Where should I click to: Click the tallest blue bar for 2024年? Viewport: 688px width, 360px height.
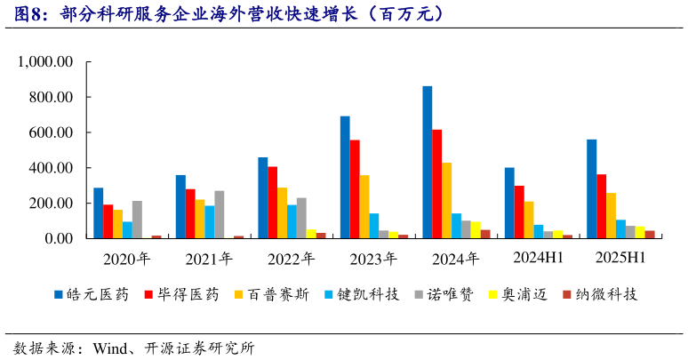point(428,163)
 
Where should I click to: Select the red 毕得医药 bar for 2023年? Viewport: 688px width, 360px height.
point(355,189)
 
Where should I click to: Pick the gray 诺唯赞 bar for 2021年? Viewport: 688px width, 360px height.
point(220,214)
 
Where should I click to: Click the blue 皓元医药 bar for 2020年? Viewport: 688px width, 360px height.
point(98,213)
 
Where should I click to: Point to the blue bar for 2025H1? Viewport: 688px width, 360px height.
point(591,189)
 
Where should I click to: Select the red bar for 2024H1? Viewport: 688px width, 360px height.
point(519,212)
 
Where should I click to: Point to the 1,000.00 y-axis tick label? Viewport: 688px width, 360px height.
point(44,62)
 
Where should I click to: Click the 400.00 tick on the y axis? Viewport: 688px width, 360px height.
point(52,168)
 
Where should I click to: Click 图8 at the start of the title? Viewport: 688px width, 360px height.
point(20,15)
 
